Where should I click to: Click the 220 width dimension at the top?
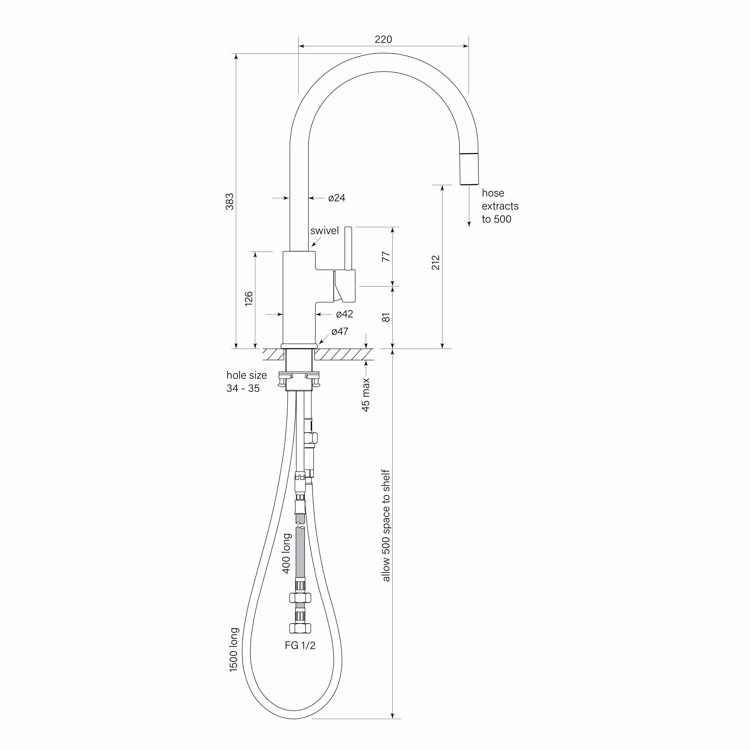pyautogui.click(x=383, y=39)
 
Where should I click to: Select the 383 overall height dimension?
pyautogui.click(x=230, y=202)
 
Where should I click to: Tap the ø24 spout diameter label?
pyautogui.click(x=336, y=198)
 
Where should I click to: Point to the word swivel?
pyautogui.click(x=325, y=231)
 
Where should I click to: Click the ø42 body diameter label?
pyautogui.click(x=344, y=314)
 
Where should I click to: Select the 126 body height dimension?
pyautogui.click(x=248, y=299)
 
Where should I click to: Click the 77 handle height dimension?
pyautogui.click(x=386, y=257)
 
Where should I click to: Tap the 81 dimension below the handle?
pyautogui.click(x=386, y=317)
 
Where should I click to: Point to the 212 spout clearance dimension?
pyautogui.click(x=436, y=262)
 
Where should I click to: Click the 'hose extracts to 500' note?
pyautogui.click(x=500, y=206)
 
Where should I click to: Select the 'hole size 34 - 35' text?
pyautogui.click(x=246, y=382)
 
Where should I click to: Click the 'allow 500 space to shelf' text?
pyautogui.click(x=386, y=526)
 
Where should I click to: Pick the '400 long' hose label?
pyautogui.click(x=286, y=553)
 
